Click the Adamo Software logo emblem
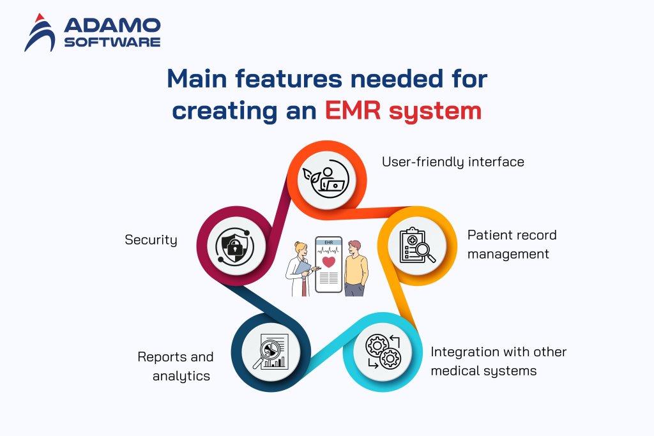[x=40, y=33]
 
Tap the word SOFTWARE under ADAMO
[x=112, y=43]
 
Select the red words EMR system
[x=402, y=110]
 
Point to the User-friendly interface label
[x=453, y=162]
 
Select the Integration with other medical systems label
[x=498, y=361]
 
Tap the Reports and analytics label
[x=176, y=366]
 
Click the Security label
[x=151, y=240]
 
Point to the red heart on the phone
[x=329, y=262]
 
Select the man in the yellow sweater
[x=356, y=268]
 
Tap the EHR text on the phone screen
[x=329, y=243]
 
